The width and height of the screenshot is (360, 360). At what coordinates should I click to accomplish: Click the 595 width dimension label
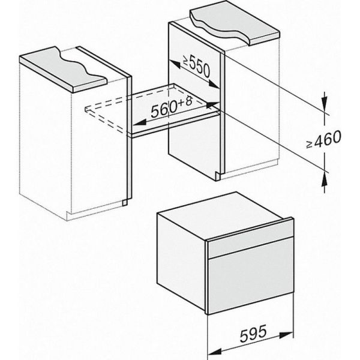click(x=253, y=333)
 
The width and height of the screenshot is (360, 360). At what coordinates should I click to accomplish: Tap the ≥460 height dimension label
click(x=324, y=140)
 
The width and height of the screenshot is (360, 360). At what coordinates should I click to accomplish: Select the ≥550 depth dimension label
click(x=197, y=67)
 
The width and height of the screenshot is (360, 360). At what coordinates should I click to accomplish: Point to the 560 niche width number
click(x=164, y=110)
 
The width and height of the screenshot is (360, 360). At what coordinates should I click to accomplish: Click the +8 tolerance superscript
click(x=185, y=101)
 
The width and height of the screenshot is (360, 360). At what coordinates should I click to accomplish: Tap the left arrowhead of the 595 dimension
click(x=214, y=351)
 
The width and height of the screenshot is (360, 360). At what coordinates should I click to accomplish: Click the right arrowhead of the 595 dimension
click(x=286, y=335)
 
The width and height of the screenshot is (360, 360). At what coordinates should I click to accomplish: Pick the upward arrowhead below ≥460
click(x=324, y=178)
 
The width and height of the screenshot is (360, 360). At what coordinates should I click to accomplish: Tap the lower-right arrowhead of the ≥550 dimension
click(x=214, y=85)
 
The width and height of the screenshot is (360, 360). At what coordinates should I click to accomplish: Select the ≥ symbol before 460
click(x=310, y=144)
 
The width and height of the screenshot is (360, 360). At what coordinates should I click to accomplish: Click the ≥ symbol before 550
click(x=185, y=60)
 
